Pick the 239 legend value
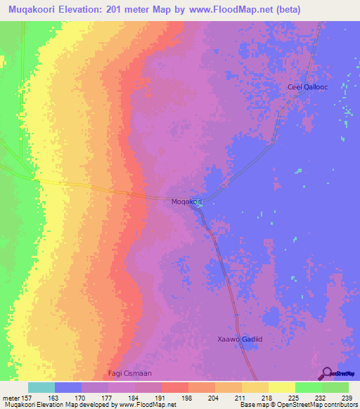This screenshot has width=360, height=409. [x=345, y=397]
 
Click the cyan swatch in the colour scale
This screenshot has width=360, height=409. [x=41, y=387]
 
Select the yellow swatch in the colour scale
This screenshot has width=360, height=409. [x=281, y=387]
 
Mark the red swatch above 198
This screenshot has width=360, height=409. [x=175, y=387]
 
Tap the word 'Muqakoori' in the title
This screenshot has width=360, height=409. [x=32, y=9]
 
